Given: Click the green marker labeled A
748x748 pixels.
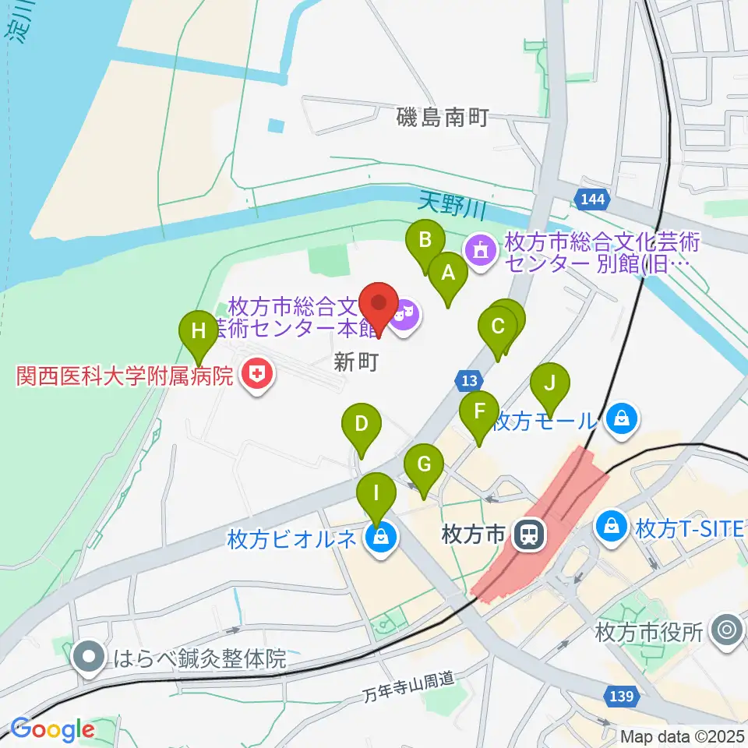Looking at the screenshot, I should tap(448, 273).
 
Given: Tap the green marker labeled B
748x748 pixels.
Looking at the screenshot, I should tap(425, 240).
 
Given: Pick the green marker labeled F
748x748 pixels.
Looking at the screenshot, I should tap(478, 411).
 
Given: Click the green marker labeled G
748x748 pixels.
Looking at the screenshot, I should tap(424, 466).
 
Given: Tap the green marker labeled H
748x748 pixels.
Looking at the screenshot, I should tap(199, 331).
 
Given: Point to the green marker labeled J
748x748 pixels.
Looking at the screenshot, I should tap(550, 383).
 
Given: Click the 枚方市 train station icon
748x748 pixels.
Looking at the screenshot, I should tap(530, 534).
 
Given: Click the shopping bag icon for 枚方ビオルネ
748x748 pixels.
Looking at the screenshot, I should tap(380, 538).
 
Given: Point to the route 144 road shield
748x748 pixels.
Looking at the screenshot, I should tap(592, 200).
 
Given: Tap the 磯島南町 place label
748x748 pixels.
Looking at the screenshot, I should tap(441, 118).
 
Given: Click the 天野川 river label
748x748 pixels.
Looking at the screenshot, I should tap(452, 206).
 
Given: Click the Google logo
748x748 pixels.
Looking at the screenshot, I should tap(52, 729).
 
